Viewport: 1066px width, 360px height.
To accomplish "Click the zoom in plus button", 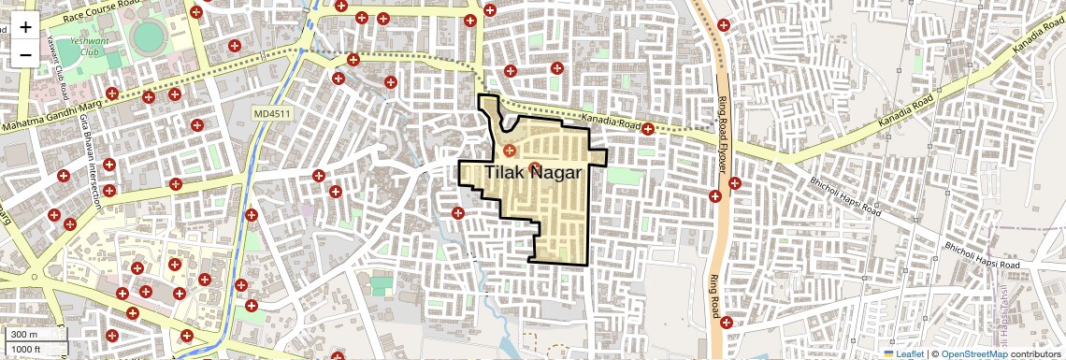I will point(25,26).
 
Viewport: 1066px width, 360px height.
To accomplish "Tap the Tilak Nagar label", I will point(534,174).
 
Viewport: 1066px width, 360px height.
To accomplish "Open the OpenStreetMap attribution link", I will point(973,354).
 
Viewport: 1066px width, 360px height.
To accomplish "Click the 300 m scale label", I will point(25,335).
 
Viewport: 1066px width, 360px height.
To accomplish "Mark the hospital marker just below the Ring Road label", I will point(726,323).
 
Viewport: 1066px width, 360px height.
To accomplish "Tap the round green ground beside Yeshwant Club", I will point(147,37).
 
